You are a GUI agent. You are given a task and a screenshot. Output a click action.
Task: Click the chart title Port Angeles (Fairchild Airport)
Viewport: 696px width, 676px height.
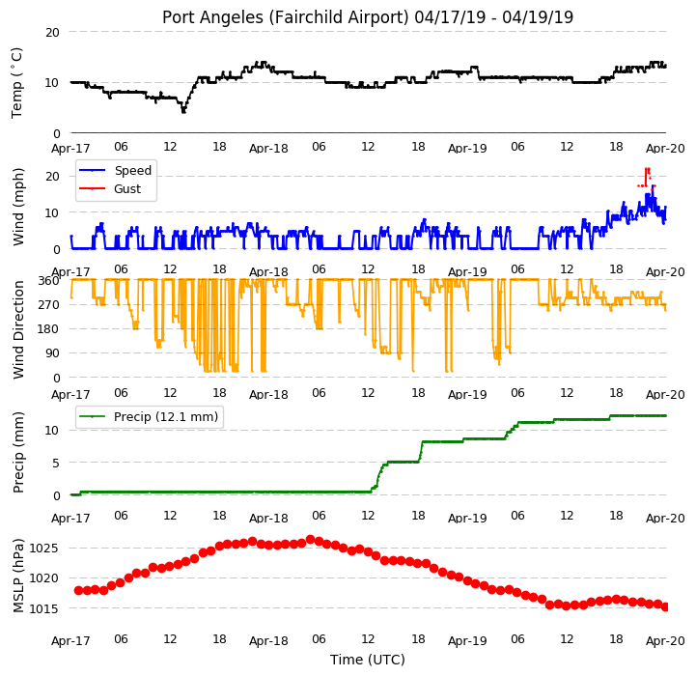click(x=285, y=17)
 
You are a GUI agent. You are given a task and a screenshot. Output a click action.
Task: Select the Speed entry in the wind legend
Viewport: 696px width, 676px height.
click(x=132, y=171)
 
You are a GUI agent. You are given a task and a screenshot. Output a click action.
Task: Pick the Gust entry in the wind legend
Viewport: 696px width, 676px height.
click(x=127, y=188)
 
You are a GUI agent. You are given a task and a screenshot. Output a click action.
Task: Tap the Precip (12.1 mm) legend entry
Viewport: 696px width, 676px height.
click(x=166, y=416)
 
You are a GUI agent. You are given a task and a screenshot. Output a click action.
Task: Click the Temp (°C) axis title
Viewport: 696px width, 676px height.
click(x=16, y=83)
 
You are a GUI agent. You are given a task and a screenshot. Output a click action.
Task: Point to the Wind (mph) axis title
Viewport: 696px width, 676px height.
click(x=18, y=207)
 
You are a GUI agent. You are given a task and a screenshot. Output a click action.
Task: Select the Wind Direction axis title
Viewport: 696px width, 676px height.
click(x=18, y=329)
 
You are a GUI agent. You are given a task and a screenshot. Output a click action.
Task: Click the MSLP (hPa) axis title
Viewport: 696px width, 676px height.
click(x=18, y=577)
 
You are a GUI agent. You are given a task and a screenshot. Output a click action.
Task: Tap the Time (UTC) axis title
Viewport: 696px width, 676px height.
click(x=368, y=660)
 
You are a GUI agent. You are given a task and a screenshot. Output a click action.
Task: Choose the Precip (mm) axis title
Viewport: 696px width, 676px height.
click(x=18, y=453)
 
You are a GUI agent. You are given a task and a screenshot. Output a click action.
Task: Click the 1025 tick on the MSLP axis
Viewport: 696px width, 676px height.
click(x=43, y=549)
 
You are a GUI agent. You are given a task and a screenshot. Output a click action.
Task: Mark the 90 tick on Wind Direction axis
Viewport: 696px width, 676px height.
click(x=53, y=353)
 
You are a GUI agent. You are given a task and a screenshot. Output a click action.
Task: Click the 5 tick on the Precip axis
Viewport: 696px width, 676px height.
click(x=56, y=464)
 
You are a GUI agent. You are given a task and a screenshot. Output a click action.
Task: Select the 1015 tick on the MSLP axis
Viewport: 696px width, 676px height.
click(x=43, y=609)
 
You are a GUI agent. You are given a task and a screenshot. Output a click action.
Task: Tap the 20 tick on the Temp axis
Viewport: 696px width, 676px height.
click(x=52, y=33)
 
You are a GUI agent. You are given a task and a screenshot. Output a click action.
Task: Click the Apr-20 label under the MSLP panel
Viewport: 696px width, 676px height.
click(x=665, y=641)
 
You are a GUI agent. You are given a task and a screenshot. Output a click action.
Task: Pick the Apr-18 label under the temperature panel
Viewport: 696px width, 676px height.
click(x=268, y=149)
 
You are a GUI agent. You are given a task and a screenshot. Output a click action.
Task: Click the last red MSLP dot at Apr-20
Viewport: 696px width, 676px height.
click(x=665, y=606)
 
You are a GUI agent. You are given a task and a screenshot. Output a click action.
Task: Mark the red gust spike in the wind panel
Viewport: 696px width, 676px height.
click(x=647, y=178)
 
